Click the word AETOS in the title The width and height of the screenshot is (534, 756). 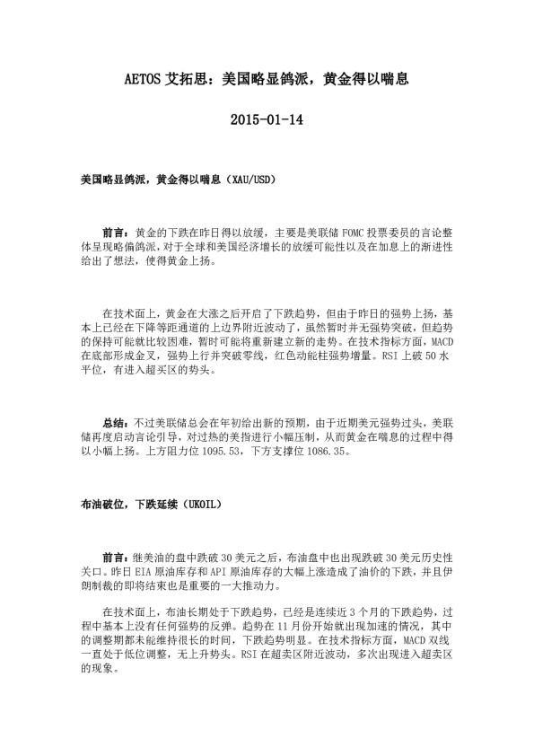(x=142, y=79)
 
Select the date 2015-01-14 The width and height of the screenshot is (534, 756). (x=267, y=119)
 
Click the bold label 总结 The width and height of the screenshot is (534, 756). (x=117, y=422)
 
